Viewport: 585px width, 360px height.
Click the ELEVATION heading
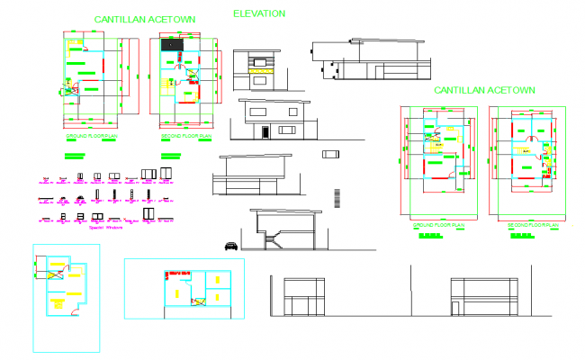click(258, 13)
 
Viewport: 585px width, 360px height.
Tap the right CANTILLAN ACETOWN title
click(484, 90)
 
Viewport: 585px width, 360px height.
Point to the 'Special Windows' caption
click(105, 228)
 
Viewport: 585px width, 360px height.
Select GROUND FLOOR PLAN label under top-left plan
click(91, 136)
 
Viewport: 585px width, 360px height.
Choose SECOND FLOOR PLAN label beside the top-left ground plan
click(185, 136)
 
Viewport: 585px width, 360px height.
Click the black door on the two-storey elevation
click(265, 132)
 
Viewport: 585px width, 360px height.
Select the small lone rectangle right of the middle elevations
click(330, 155)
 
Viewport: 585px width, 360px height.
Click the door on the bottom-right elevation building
click(456, 309)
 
